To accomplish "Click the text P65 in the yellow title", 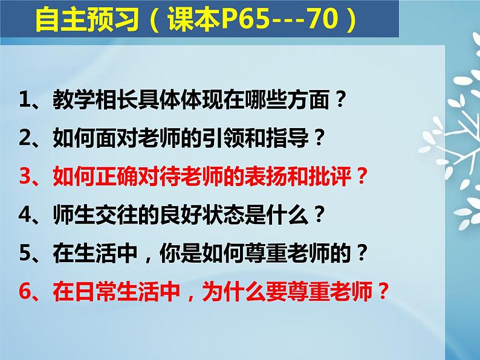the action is [x=245, y=19].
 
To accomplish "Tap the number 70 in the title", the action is [x=323, y=19].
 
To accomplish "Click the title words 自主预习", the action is [x=87, y=19].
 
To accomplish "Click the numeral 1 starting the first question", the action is [x=25, y=99].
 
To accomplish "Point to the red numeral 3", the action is [x=25, y=176].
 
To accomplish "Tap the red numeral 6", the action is [x=25, y=292].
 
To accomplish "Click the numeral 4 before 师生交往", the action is [x=25, y=214].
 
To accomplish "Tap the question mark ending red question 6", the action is [x=383, y=291].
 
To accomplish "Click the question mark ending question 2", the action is [x=319, y=138].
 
